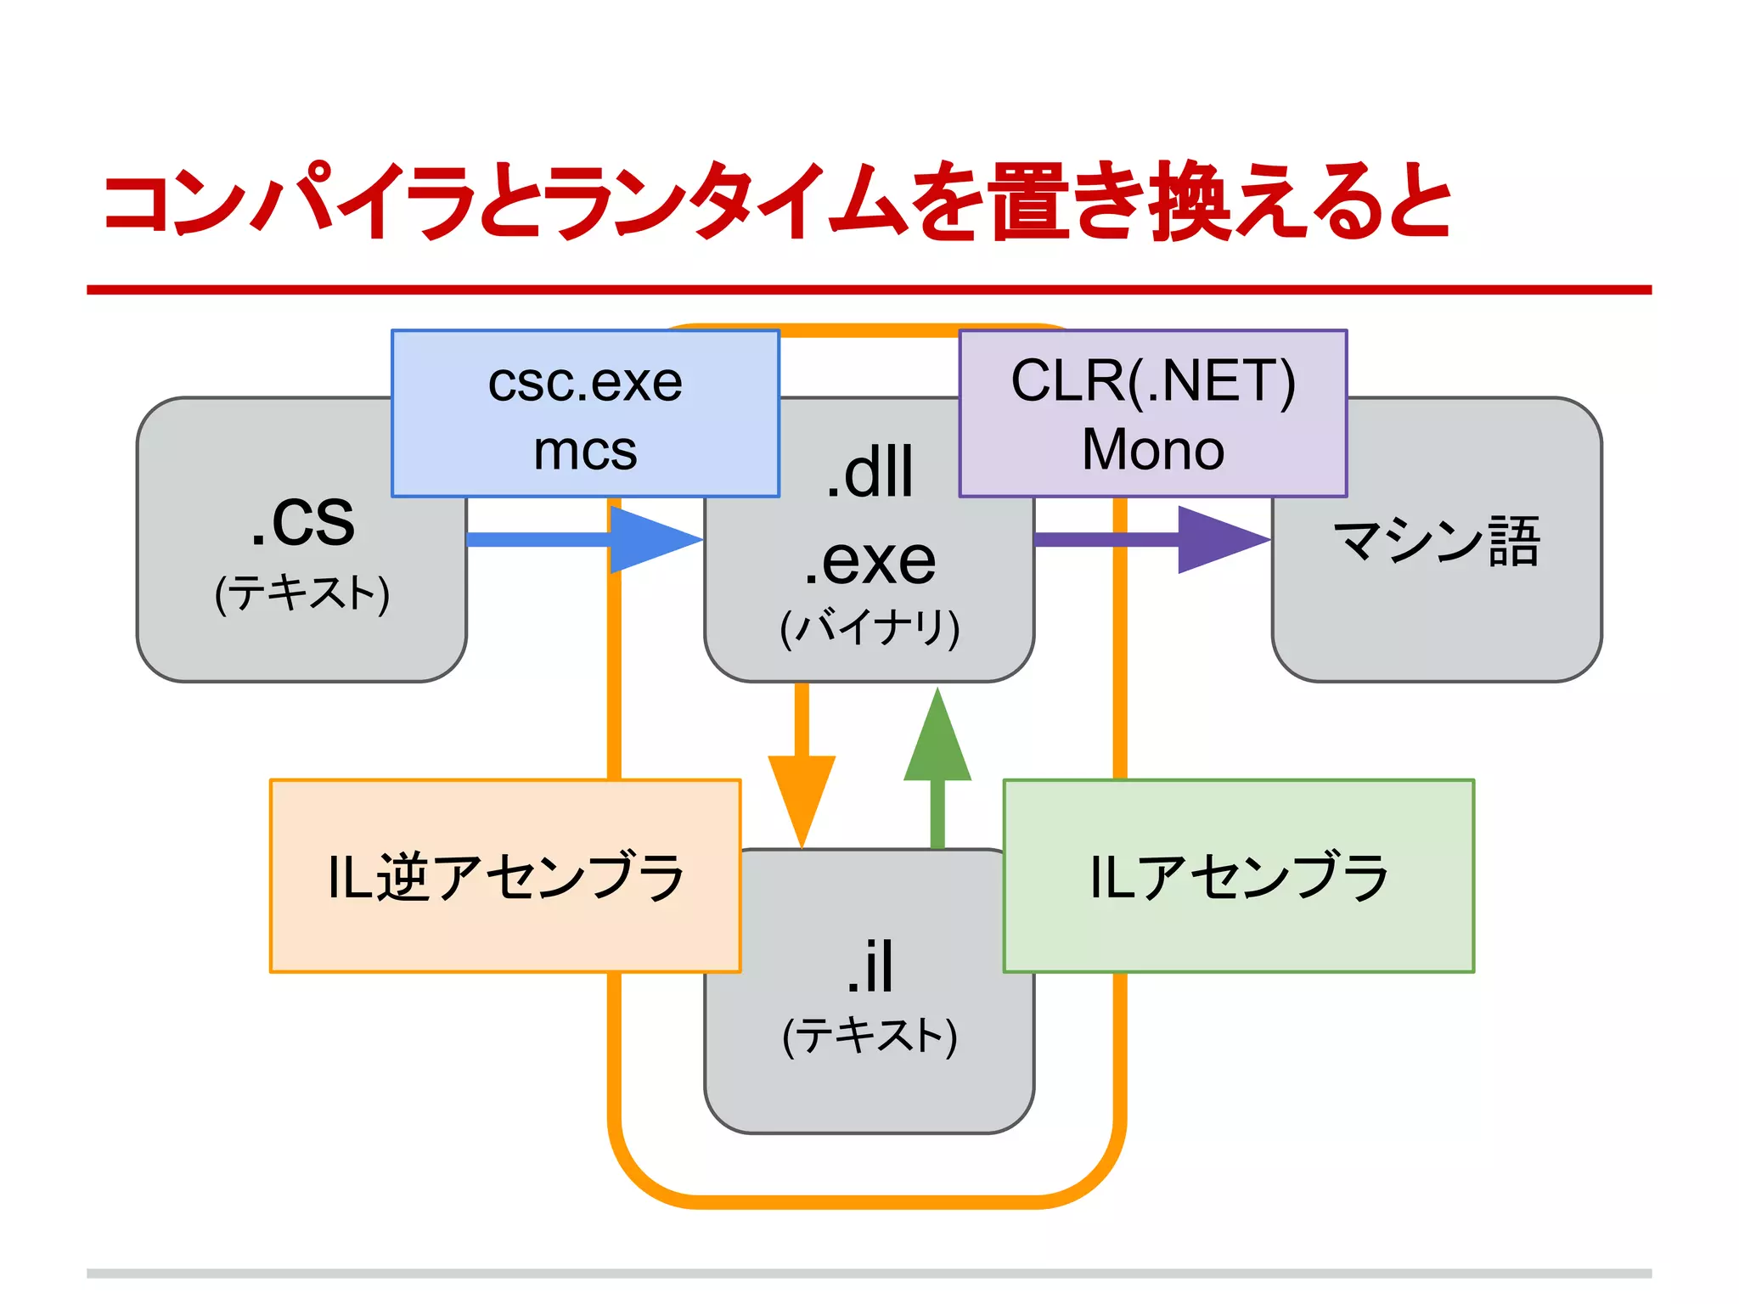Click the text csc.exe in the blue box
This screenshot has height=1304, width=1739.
pyautogui.click(x=585, y=382)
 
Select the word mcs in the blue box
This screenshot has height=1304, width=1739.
pyautogui.click(x=585, y=451)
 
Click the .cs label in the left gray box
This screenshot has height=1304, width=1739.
pyautogui.click(x=303, y=520)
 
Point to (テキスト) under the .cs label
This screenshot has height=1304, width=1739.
pyautogui.click(x=302, y=593)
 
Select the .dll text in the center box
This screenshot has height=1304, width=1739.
pyautogui.click(x=869, y=472)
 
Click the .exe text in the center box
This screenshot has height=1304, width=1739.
pyautogui.click(x=869, y=560)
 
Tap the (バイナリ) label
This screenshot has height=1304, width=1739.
pyautogui.click(x=869, y=627)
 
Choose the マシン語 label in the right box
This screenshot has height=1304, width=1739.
pyautogui.click(x=1437, y=541)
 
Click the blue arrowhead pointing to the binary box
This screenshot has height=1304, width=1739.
pyautogui.click(x=654, y=539)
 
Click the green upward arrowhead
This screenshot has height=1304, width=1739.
pyautogui.click(x=937, y=739)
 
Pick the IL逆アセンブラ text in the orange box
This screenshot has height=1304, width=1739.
pyautogui.click(x=505, y=876)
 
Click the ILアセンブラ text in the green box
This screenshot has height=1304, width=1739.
pyautogui.click(x=1239, y=876)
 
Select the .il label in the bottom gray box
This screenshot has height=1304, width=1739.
pyautogui.click(x=869, y=967)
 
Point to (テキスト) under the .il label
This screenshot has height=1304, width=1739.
pyautogui.click(x=869, y=1035)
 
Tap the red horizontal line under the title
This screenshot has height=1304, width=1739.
pyautogui.click(x=869, y=289)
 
